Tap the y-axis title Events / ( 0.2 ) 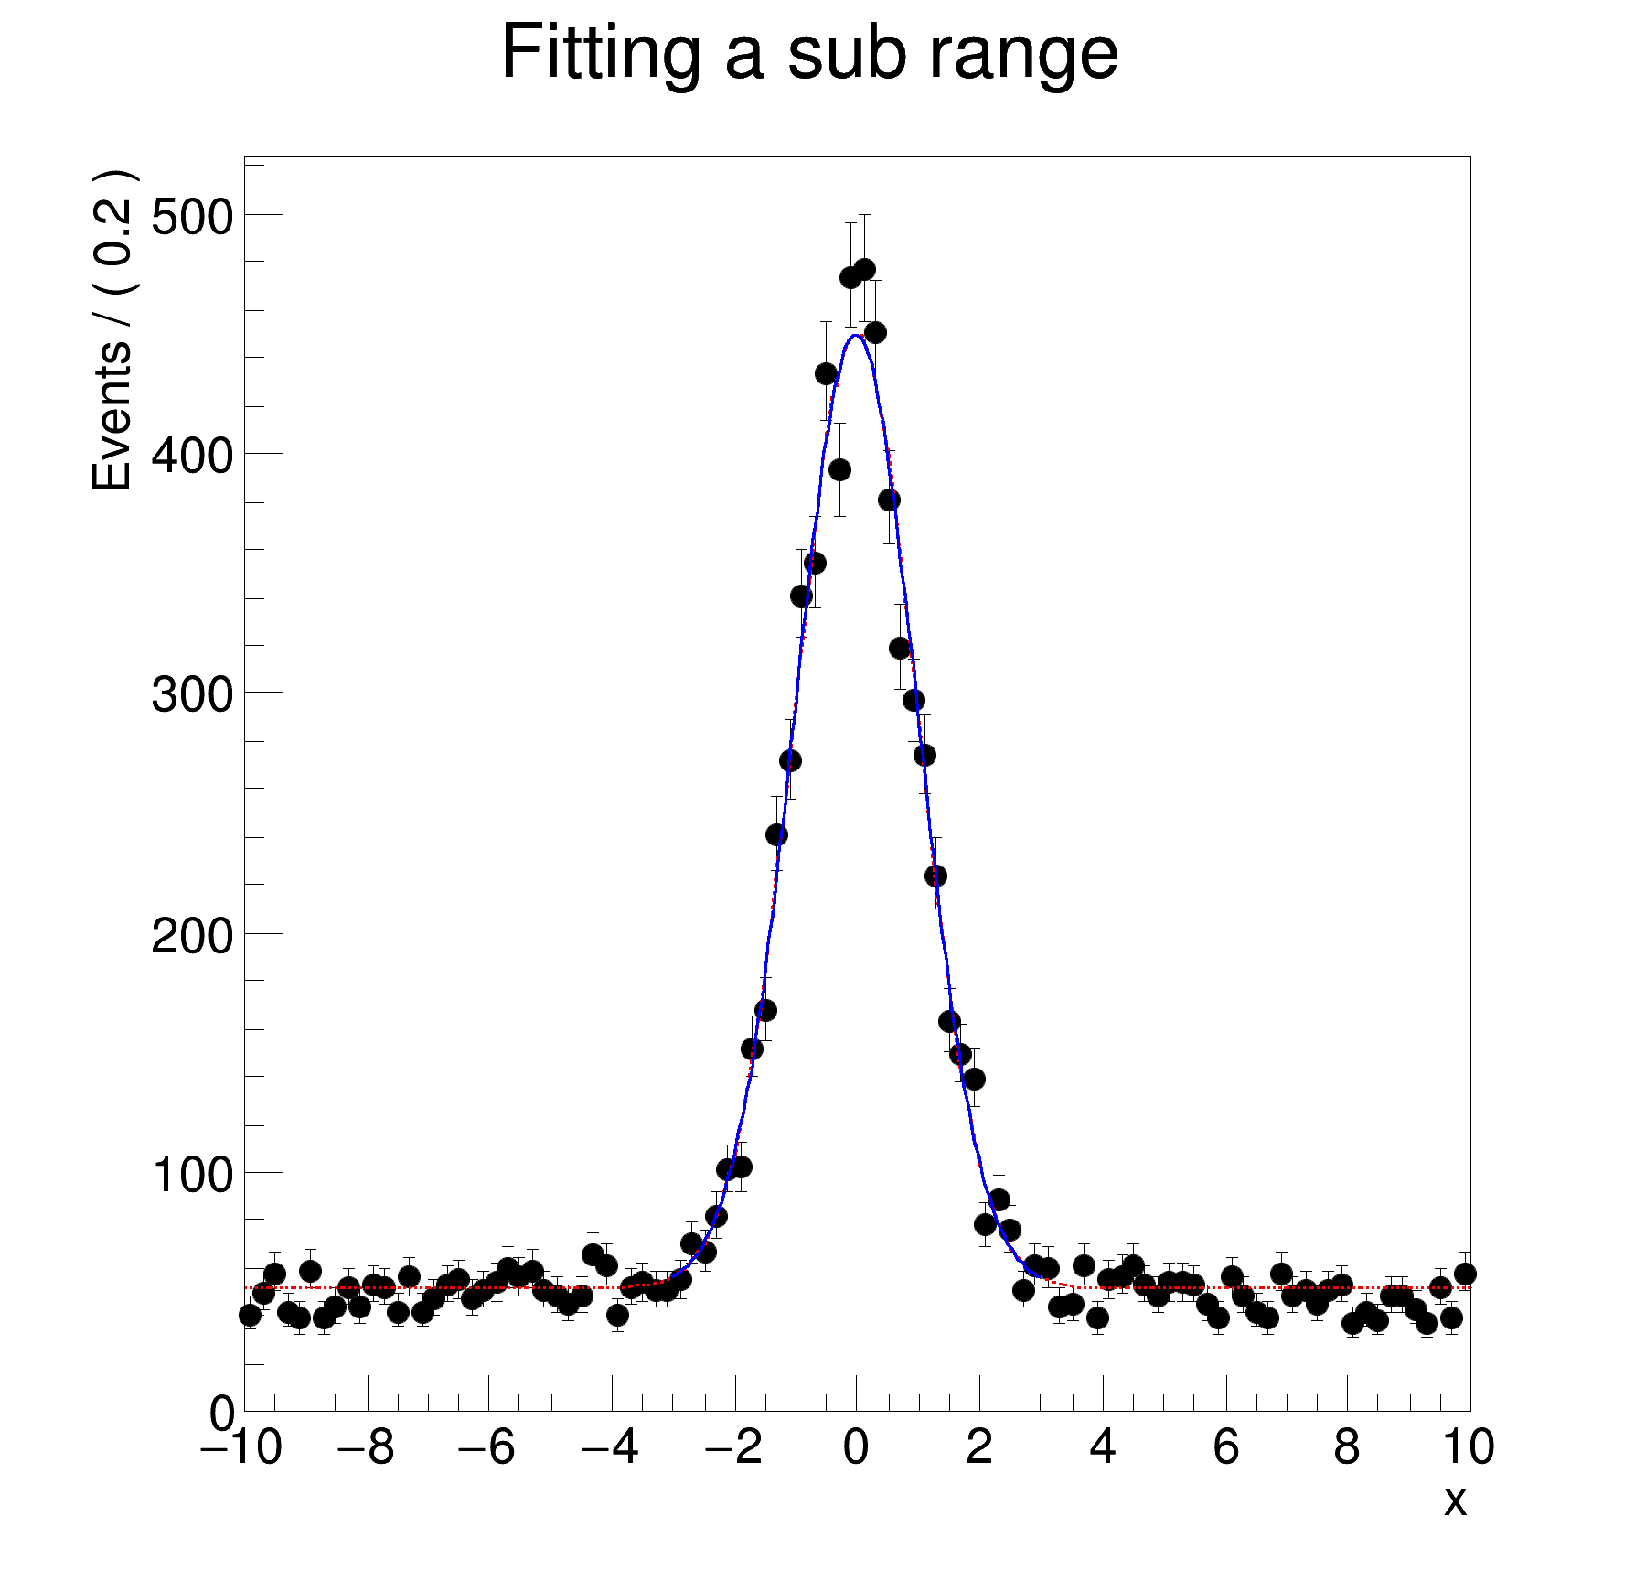[113, 330]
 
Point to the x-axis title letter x [1455, 1501]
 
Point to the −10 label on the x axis [241, 1448]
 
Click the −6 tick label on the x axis [487, 1448]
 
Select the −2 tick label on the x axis [733, 1448]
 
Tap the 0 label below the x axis [856, 1448]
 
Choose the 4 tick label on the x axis [1103, 1448]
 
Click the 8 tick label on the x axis [1347, 1448]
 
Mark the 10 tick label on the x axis [1469, 1448]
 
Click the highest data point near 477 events [864, 270]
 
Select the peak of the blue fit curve [856, 335]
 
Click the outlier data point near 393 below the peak [839, 470]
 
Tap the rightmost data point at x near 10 [1465, 1274]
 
